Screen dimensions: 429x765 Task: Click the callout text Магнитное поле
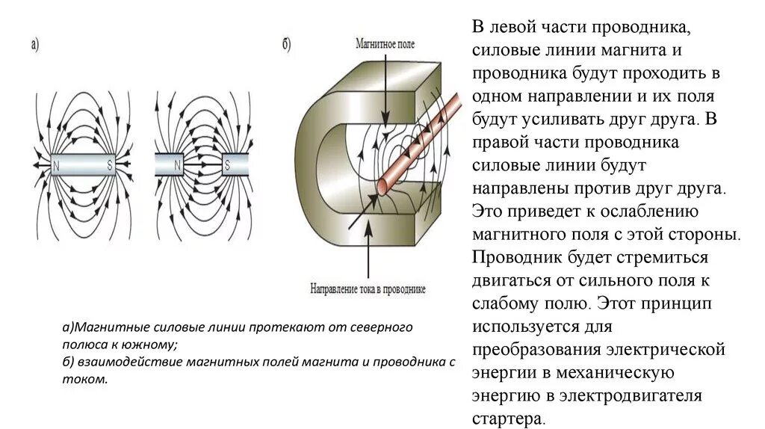(385, 45)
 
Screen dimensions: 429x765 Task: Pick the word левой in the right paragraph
(517, 28)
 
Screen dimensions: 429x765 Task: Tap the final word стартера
(509, 419)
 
